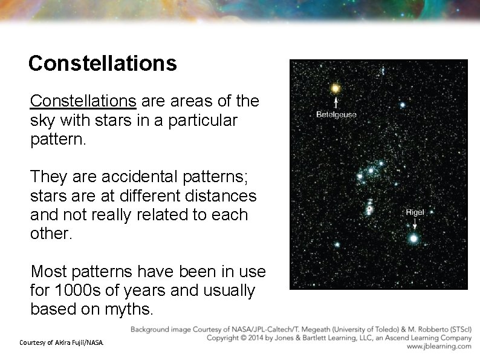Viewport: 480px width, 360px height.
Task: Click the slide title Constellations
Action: [102, 64]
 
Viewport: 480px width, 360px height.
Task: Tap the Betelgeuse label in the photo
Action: [336, 115]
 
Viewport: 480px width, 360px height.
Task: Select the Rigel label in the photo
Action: [415, 212]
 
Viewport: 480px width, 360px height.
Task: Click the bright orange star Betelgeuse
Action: [336, 89]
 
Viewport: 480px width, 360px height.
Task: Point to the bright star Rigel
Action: [414, 238]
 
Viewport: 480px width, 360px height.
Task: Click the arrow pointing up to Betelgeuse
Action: [336, 102]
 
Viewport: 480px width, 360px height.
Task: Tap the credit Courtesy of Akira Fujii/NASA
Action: [62, 342]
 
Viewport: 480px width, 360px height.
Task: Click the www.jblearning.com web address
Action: [439, 347]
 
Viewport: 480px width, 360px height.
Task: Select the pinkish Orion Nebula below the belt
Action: [369, 208]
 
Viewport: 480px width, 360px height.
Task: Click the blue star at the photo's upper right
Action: [402, 105]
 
